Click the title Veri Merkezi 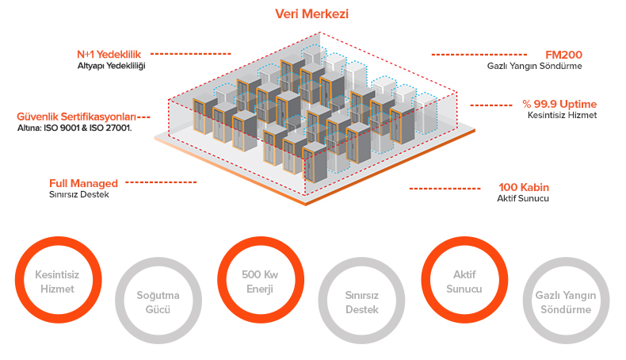point(311,13)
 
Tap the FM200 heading point(564,55)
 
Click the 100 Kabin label point(524,187)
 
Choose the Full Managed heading point(83,182)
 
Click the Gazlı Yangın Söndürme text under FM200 point(535,66)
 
